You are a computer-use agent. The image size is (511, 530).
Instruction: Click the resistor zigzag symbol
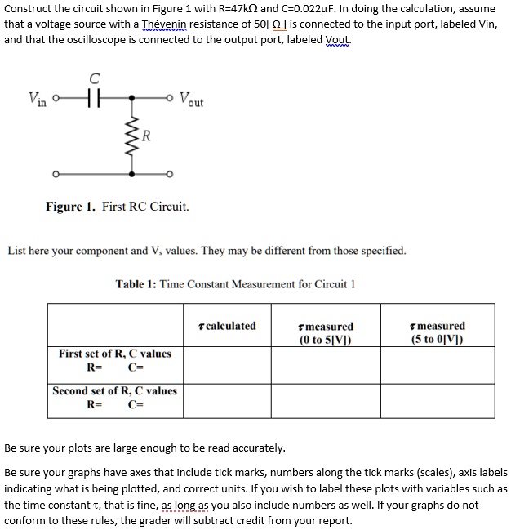point(130,136)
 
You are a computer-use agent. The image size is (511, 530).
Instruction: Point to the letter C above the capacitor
point(95,79)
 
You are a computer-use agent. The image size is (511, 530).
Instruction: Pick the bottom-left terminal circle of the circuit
point(56,174)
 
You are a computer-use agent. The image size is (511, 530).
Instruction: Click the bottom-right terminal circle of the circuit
point(169,174)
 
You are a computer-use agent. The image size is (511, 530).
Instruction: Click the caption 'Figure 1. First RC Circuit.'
point(117,207)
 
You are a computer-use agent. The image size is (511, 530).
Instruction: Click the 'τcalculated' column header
point(228,326)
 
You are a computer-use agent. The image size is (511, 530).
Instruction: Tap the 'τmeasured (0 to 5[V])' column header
point(327,332)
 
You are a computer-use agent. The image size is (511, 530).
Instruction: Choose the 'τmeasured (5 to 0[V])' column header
point(439,332)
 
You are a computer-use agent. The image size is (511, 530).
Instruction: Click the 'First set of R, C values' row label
point(114,354)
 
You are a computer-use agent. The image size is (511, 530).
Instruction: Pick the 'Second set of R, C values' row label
point(114,391)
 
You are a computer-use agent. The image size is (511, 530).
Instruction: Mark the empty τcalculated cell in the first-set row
point(228,363)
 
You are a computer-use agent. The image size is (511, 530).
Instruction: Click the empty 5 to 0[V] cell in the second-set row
point(439,400)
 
